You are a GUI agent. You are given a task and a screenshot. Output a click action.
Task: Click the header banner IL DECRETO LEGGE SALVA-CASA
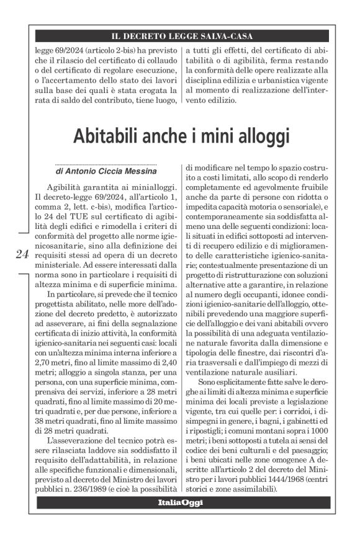pos(180,36)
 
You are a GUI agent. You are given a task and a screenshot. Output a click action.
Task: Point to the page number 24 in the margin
pos(22,254)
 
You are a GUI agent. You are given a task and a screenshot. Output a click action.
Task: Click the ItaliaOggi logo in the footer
pos(180,502)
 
